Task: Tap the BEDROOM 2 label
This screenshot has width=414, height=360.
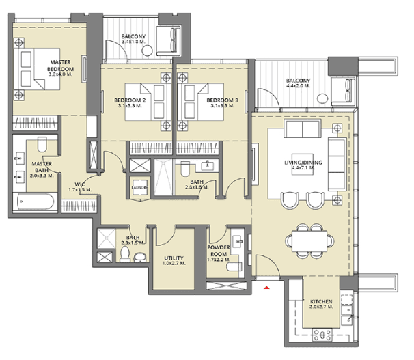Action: [128, 100]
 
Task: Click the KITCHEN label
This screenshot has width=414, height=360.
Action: [321, 301]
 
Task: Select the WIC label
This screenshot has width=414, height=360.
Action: [80, 184]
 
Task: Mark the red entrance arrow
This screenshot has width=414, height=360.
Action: [266, 287]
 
